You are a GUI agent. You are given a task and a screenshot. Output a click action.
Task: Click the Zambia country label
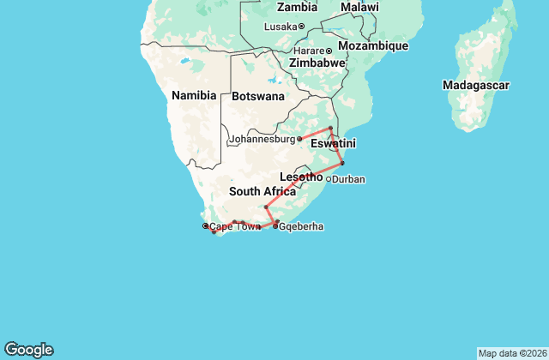(x=297, y=8)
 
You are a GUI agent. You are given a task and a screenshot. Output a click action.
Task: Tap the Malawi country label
(x=359, y=8)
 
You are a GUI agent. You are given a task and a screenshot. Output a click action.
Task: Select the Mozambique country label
(x=373, y=45)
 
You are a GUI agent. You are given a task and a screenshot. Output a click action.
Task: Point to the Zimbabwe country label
(x=317, y=63)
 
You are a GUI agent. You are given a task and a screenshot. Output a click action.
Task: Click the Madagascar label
(x=476, y=85)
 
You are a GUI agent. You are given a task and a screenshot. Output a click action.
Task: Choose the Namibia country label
(x=193, y=95)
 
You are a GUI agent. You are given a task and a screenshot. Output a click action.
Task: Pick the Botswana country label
(x=257, y=96)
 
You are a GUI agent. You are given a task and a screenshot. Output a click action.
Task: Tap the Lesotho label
(x=300, y=177)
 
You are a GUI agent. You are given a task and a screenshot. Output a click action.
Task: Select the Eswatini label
(x=333, y=142)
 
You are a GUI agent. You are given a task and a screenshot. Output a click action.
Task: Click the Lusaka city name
(x=280, y=27)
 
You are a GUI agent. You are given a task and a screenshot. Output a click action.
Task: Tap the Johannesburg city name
(x=262, y=139)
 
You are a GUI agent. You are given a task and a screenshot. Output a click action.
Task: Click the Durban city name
(x=349, y=180)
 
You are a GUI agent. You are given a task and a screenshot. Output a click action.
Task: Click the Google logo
(x=28, y=350)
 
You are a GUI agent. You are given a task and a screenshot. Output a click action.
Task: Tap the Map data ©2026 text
(x=511, y=353)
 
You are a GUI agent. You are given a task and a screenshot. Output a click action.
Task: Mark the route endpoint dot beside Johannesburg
(x=299, y=138)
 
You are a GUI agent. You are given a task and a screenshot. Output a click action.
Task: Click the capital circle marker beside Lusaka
(x=301, y=27)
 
